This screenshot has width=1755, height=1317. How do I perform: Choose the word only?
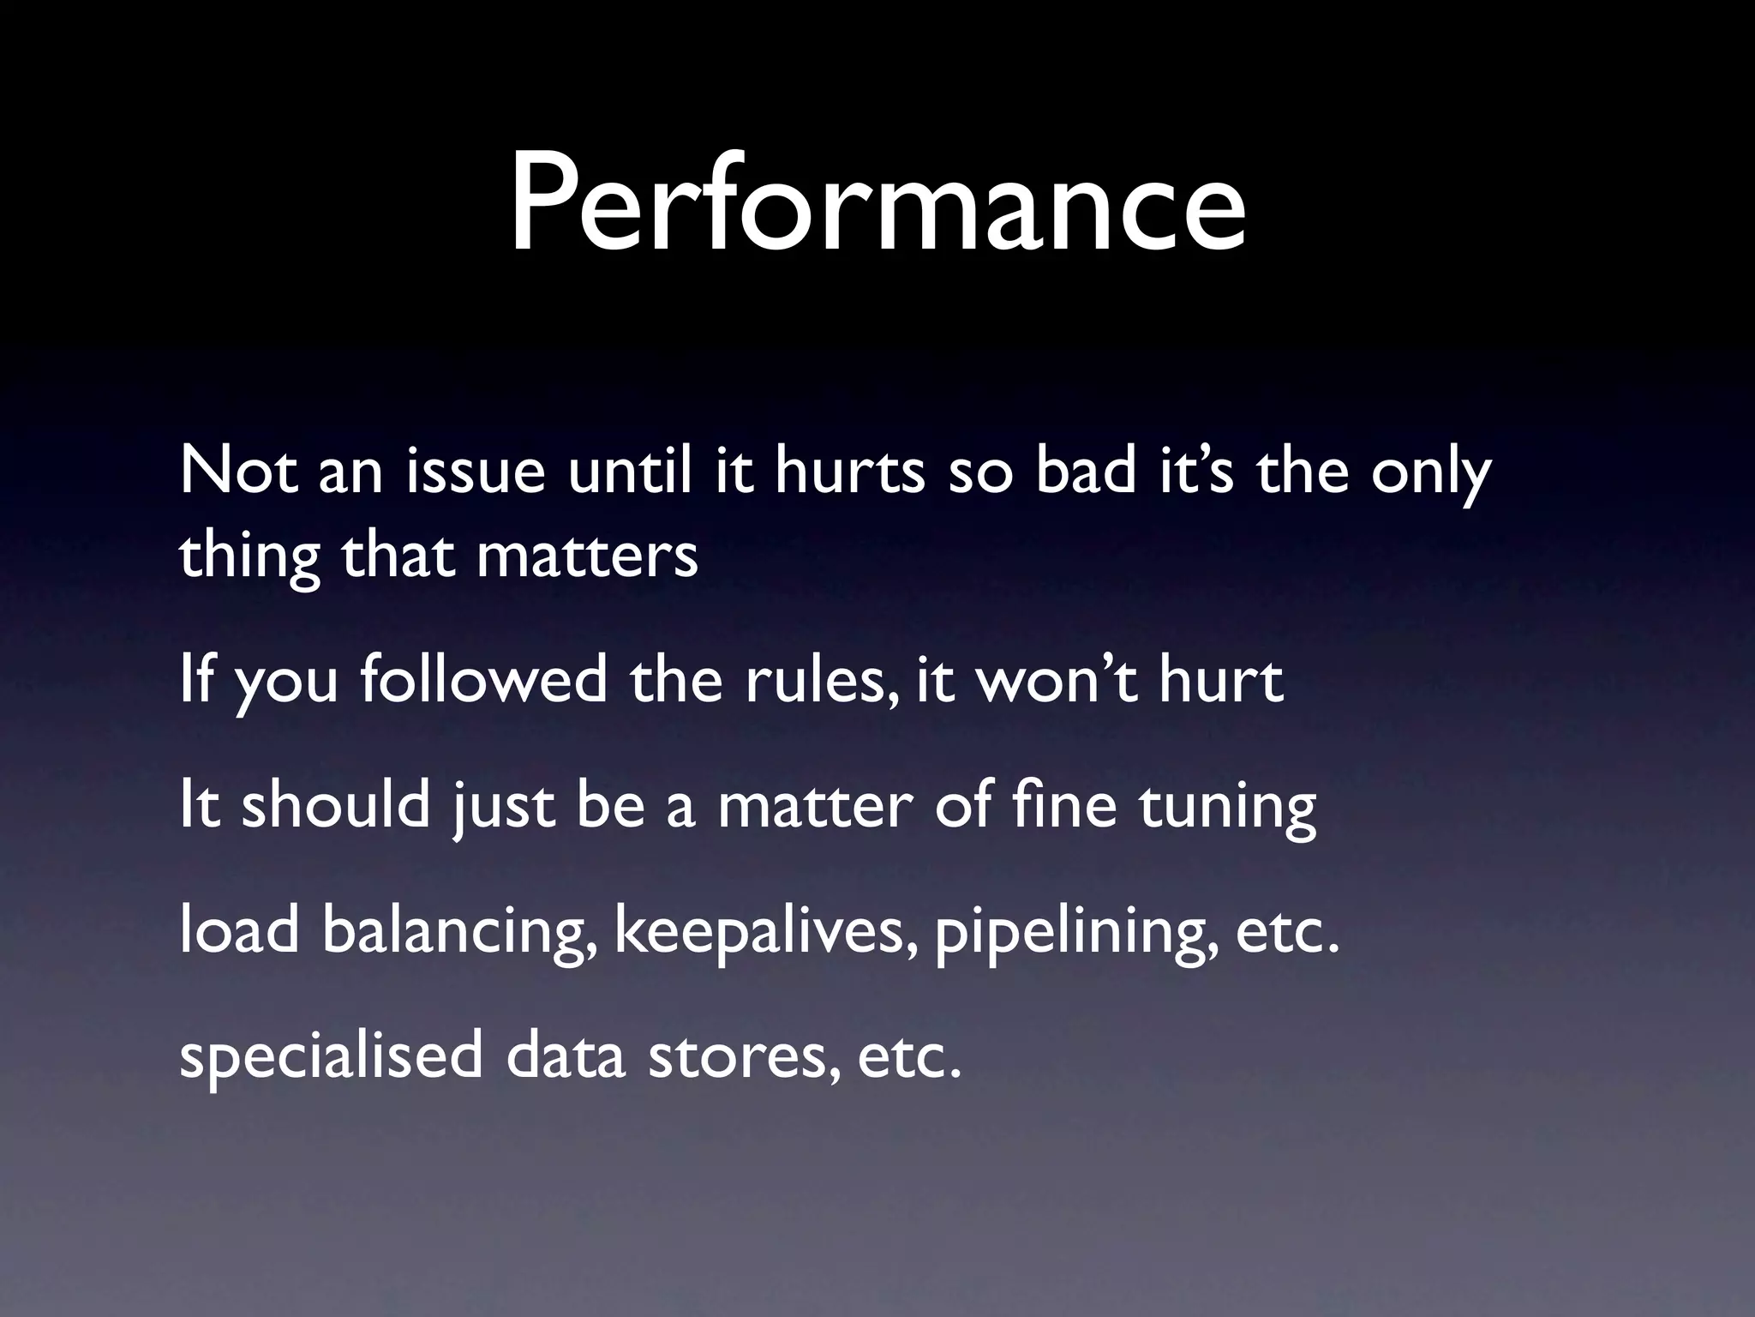click(1430, 473)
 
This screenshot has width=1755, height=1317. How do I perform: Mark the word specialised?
click(331, 1058)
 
